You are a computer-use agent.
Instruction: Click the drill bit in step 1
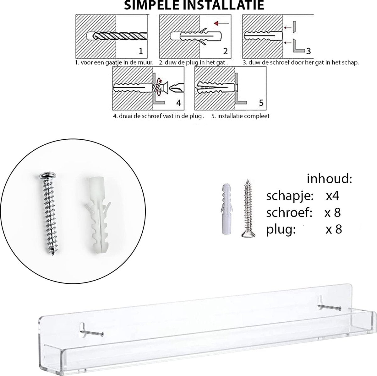[120, 36]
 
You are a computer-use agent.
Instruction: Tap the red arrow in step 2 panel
[221, 24]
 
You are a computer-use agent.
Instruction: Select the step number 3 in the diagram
[309, 51]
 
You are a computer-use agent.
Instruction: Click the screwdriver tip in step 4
[177, 89]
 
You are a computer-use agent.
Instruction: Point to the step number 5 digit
[261, 103]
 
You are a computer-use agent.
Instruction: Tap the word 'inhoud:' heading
[329, 179]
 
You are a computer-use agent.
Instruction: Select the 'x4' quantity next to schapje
[332, 196]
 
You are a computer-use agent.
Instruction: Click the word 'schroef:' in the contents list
[289, 212]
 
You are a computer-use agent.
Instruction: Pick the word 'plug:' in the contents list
[281, 230]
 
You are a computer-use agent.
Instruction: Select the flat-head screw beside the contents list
[248, 208]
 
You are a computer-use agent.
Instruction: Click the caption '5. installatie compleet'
[240, 116]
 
